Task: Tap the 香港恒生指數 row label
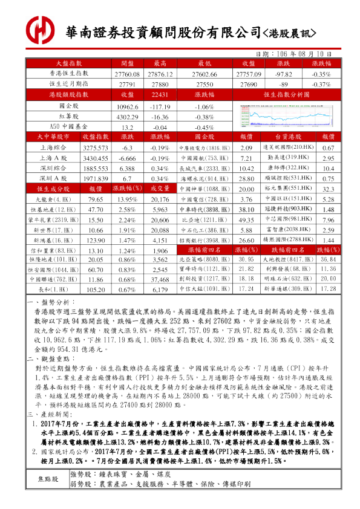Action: [68, 73]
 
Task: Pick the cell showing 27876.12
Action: [160, 73]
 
